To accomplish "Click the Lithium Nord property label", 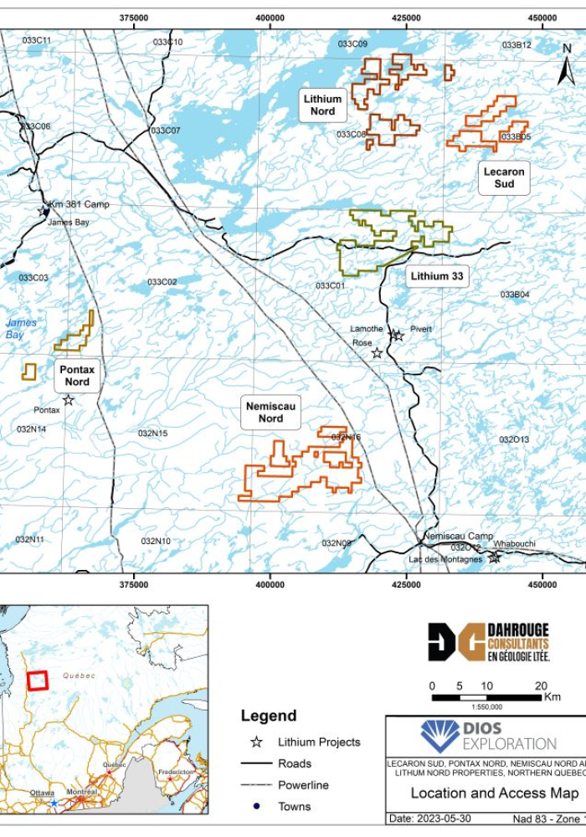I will pos(322,105).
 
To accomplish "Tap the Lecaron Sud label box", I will pos(504,177).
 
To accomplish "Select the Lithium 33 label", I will pos(437,276).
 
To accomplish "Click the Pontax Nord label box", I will pos(77,376).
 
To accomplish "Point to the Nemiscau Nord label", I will pos(270,413).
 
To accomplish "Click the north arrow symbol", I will pos(567,67).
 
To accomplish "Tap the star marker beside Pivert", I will pos(398,336).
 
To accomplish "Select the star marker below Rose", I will pos(377,353).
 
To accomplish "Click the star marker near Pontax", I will pos(68,400).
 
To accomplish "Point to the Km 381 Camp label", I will pos(79,204).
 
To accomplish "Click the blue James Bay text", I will pos(15,329).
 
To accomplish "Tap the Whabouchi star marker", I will pos(495,557).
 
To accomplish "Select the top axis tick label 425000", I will pos(406,18).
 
